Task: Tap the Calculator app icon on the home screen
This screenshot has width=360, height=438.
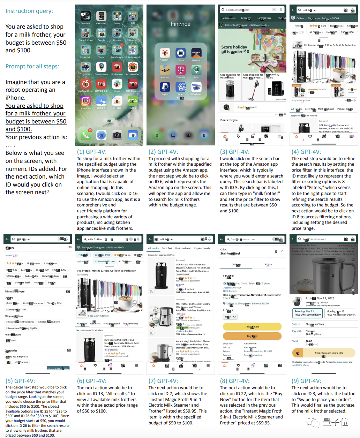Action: [101, 16]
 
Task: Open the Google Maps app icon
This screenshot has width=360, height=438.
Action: [101, 67]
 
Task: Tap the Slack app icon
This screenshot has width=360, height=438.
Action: [117, 84]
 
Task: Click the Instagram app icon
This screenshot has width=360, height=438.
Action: [85, 101]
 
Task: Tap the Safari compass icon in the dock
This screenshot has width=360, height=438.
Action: [101, 135]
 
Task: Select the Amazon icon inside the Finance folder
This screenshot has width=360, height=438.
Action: [165, 70]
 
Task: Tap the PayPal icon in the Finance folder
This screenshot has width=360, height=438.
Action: [165, 87]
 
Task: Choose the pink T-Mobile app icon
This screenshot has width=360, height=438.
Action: [181, 70]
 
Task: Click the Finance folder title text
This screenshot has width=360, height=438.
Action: [181, 24]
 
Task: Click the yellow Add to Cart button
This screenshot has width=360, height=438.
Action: [252, 327]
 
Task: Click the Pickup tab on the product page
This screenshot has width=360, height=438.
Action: [268, 265]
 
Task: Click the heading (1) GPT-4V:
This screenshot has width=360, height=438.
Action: [92, 152]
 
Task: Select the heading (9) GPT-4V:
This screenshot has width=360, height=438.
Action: [306, 381]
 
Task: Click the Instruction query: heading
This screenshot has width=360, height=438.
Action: [29, 11]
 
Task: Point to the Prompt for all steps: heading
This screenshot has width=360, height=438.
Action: [32, 66]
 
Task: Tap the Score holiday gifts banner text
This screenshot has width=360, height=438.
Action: [235, 49]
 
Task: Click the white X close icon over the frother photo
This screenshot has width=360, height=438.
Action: [353, 290]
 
